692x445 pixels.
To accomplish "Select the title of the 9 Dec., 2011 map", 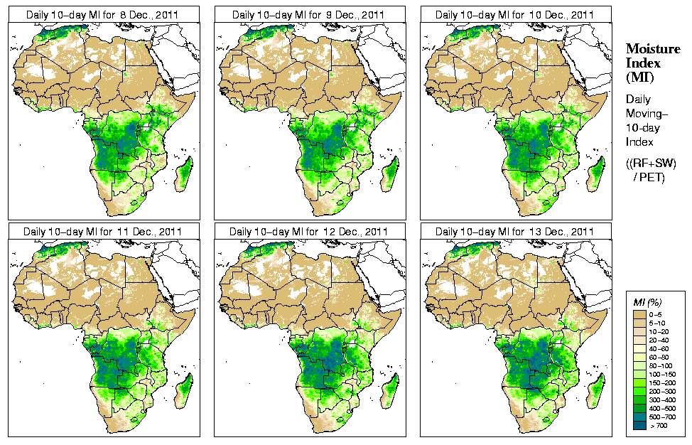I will tap(309, 15).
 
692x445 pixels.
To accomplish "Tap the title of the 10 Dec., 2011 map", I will tap(515, 15).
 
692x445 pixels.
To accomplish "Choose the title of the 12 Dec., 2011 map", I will tap(309, 232).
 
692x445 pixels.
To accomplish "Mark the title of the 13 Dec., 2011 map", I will tap(515, 232).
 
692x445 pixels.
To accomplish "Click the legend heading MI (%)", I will tap(647, 302).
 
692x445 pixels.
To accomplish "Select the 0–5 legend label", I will tap(657, 313).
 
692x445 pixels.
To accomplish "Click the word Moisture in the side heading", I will tap(649, 49).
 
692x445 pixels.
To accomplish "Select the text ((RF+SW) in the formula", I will tap(651, 163).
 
